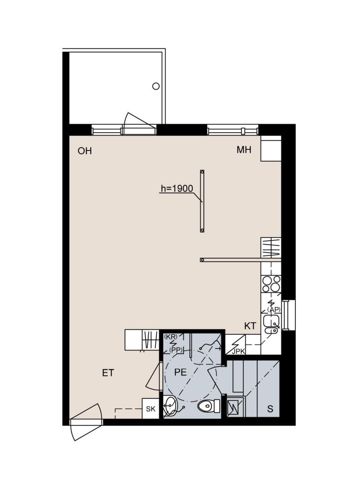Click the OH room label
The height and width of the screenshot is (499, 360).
click(x=85, y=151)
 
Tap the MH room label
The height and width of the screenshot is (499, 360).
click(x=244, y=150)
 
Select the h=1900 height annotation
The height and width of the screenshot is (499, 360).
click(x=177, y=189)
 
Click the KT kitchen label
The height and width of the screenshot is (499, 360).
click(x=250, y=326)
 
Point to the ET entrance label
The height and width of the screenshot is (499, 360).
click(x=108, y=373)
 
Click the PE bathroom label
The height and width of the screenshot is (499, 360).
click(x=181, y=372)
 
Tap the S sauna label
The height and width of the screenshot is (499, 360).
click(x=270, y=409)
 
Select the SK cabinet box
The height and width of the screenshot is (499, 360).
click(x=151, y=408)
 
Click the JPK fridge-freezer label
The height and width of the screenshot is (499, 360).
click(x=238, y=352)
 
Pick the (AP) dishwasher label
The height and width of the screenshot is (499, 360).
click(x=273, y=310)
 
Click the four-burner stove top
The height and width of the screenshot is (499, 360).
click(x=271, y=284)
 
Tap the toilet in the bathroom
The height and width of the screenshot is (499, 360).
click(x=209, y=406)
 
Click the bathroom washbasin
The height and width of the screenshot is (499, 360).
click(x=170, y=406)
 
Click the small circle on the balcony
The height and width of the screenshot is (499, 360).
click(x=156, y=86)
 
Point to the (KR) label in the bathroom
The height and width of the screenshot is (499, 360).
click(x=171, y=336)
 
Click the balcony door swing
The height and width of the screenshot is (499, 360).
click(x=134, y=123)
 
